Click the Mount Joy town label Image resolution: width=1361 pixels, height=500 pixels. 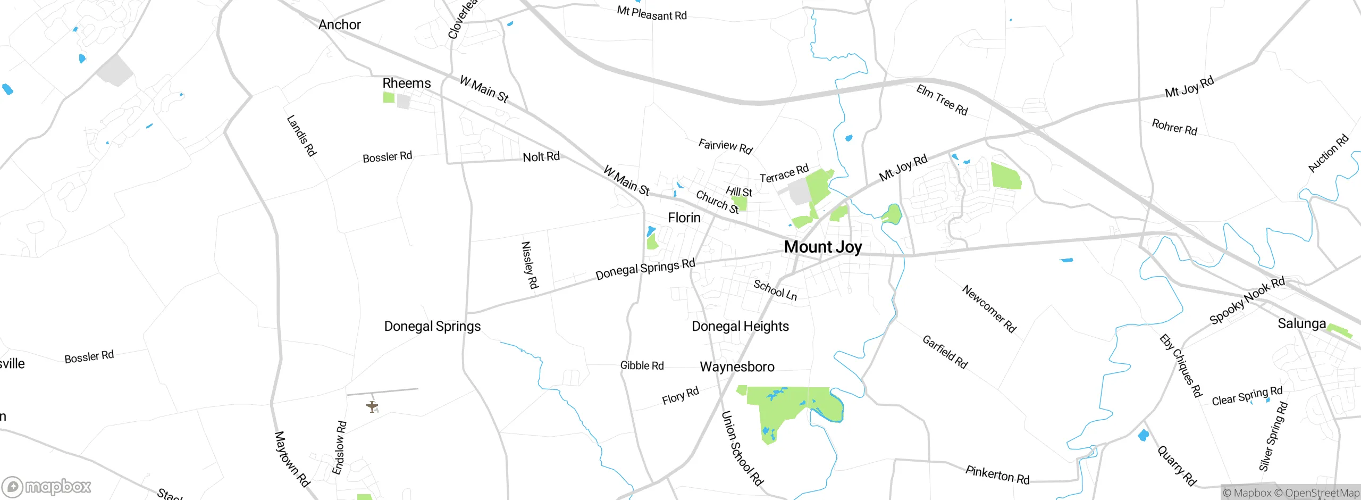point(822,247)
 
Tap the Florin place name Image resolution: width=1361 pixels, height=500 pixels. point(684,218)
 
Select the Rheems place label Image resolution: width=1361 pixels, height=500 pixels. point(407,83)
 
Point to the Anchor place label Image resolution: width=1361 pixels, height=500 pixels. point(339,24)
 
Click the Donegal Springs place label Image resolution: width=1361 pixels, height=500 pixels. point(432,326)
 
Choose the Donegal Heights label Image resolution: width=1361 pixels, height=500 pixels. point(740,326)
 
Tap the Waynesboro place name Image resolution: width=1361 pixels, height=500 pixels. point(737,366)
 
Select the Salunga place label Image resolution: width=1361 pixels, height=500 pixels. point(1301,323)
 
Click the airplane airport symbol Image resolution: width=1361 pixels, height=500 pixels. point(372,407)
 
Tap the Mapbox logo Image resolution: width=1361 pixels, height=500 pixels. point(47,486)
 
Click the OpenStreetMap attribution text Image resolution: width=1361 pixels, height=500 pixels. point(1321,493)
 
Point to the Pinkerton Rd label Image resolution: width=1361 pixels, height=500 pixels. point(997,474)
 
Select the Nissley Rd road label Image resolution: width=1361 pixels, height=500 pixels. point(530,265)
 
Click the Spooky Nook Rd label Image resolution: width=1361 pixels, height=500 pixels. point(1247,301)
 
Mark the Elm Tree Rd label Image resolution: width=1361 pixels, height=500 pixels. point(942,100)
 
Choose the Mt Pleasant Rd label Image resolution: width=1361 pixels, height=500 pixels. point(652,13)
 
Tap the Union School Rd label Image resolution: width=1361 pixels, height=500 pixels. point(742,448)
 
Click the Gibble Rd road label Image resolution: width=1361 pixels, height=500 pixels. point(642,365)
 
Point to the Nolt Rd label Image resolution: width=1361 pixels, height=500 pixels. point(541,156)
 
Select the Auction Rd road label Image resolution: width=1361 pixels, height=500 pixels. point(1328,153)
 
